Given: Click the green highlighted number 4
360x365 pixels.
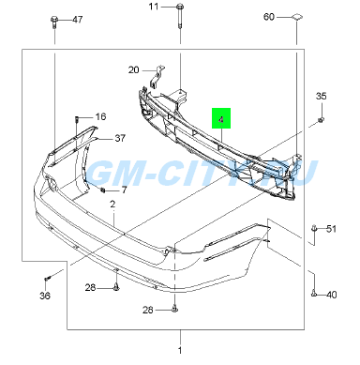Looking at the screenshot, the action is coord(221,118).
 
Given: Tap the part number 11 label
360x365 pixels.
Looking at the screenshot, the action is coord(154,7).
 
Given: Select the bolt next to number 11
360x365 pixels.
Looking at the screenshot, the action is coord(180,16).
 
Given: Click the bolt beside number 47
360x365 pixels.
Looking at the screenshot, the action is coord(53,23).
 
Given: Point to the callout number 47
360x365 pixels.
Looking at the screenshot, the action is coord(77,20).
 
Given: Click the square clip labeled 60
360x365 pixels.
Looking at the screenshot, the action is coord(296,17).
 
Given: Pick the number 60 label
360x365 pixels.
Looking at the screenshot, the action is coord(269,17).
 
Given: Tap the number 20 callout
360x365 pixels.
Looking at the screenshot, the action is coord(133,69).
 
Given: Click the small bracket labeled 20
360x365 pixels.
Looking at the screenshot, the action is coord(157,77).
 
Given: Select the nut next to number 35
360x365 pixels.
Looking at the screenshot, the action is coord(321,120).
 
